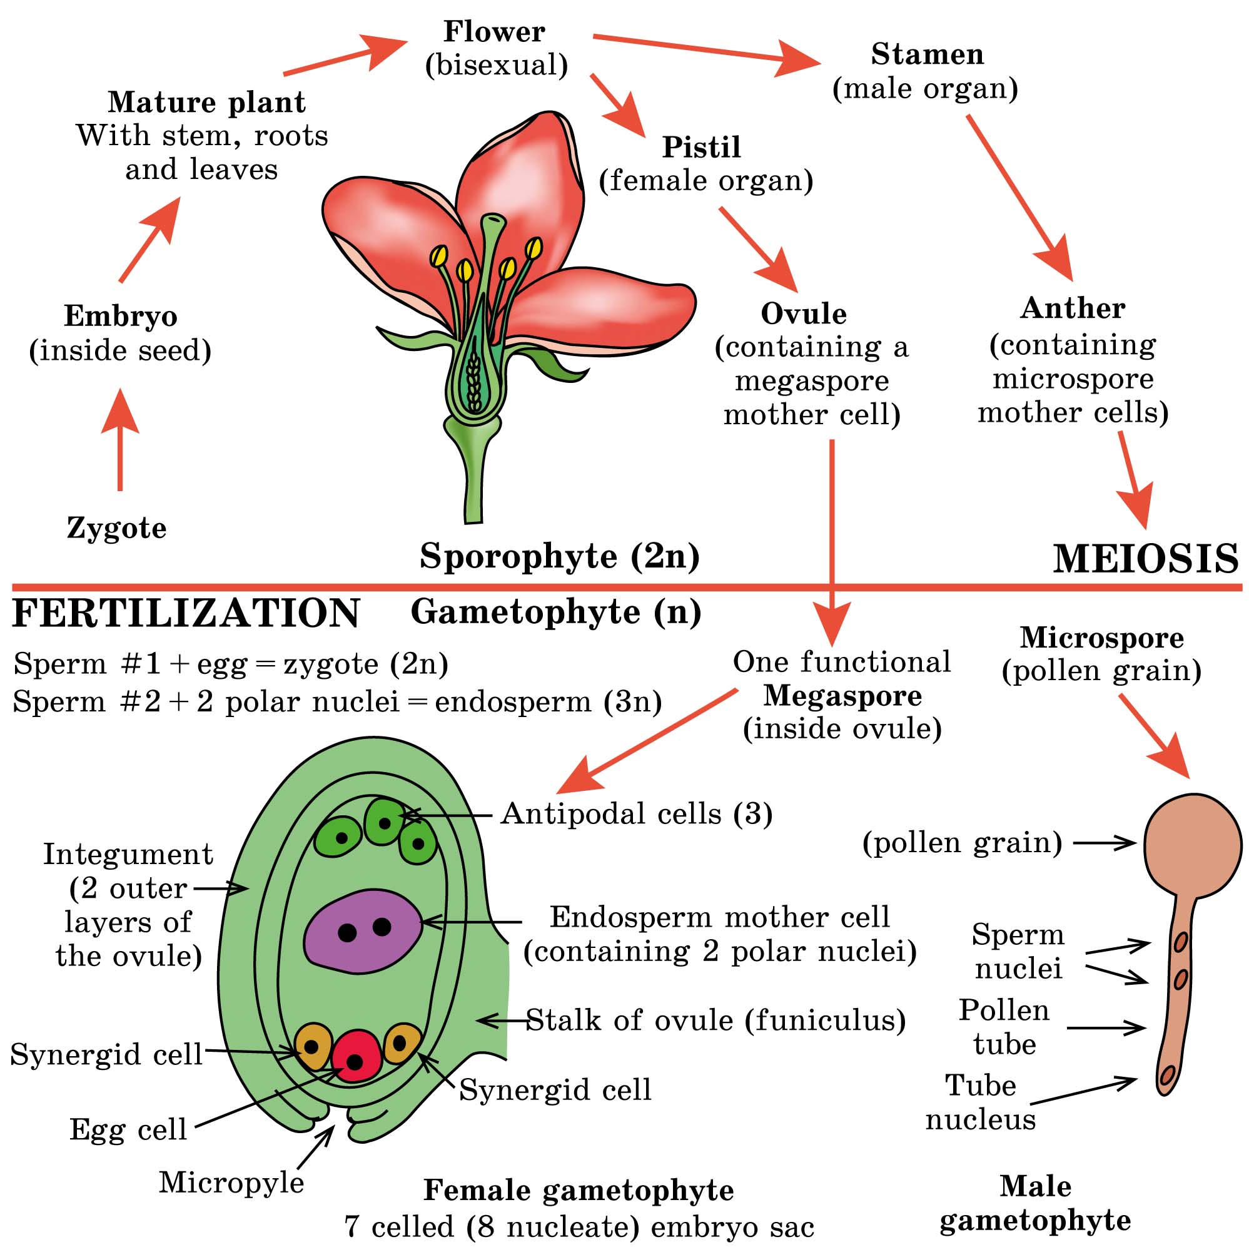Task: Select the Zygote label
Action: click(117, 527)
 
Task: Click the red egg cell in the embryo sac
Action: click(356, 1056)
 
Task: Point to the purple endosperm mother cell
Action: click(362, 931)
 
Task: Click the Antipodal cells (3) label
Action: click(637, 814)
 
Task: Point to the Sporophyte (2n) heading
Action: click(559, 556)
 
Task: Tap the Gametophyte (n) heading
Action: click(556, 613)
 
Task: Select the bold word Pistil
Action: click(701, 147)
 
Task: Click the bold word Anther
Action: click(1073, 308)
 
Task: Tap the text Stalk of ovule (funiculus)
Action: click(716, 1020)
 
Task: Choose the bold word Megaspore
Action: click(842, 696)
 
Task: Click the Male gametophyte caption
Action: click(1036, 1203)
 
